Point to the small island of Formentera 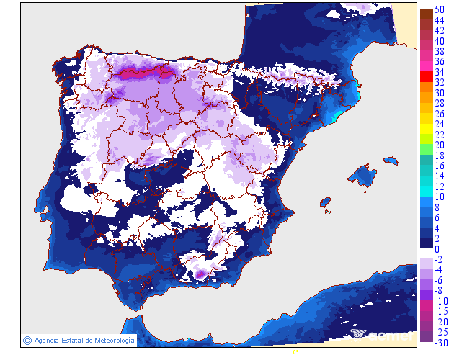pos(328,212)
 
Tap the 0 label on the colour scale pos(437,249)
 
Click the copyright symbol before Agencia pos(27,340)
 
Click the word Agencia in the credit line pos(48,340)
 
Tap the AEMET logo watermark pos(382,333)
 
